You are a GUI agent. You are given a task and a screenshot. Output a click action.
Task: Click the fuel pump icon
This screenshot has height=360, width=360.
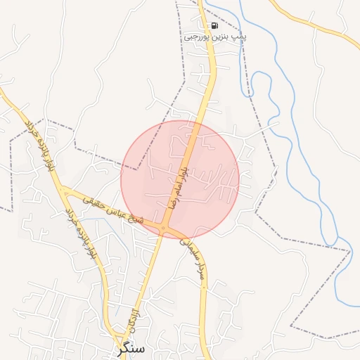pos(214,25)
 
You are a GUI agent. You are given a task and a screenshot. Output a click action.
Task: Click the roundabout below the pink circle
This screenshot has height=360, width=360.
pos(164,229)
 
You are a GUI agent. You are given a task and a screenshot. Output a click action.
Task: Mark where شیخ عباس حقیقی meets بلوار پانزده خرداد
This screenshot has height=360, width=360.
pos(63,190)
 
